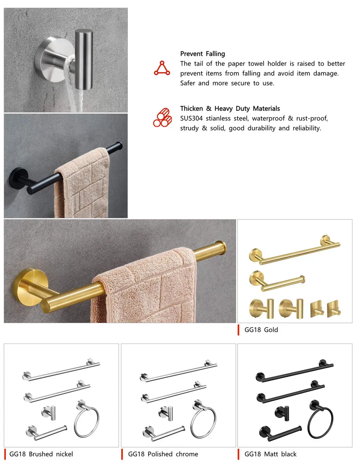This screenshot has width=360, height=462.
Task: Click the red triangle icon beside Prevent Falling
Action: click(x=162, y=68)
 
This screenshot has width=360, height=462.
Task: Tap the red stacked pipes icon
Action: click(x=162, y=117)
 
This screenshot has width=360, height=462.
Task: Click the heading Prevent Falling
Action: click(x=202, y=54)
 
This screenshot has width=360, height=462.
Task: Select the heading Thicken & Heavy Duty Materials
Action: click(x=230, y=108)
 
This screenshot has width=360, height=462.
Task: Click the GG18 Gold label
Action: click(x=261, y=329)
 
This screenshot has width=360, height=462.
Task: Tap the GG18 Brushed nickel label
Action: click(x=41, y=454)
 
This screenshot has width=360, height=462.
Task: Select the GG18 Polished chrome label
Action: click(x=163, y=454)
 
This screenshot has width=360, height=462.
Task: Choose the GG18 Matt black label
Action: click(x=270, y=454)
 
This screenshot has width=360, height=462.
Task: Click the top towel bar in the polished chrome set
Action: click(x=178, y=371)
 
